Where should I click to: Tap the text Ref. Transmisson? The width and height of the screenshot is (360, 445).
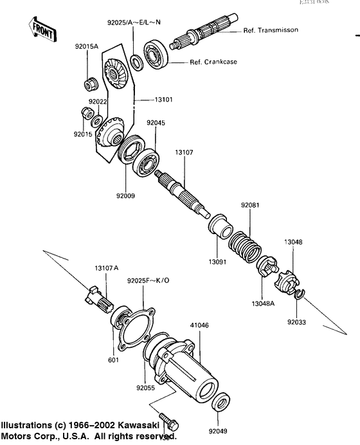tap(271, 30)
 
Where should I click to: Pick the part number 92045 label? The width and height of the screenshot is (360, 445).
tap(156, 122)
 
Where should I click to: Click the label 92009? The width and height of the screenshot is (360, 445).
tap(125, 195)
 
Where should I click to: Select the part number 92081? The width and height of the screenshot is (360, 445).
tap(251, 205)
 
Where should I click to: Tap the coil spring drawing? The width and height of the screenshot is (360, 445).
tap(244, 245)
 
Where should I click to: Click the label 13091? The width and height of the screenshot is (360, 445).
tap(217, 262)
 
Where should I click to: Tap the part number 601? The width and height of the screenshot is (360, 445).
tap(113, 359)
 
